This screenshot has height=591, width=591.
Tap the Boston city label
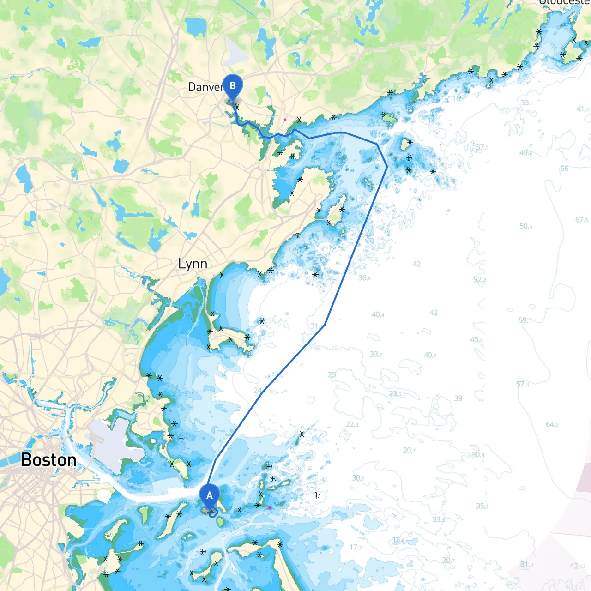click(x=48, y=460)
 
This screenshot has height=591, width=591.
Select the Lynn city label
click(x=193, y=264)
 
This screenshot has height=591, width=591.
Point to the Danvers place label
click(x=205, y=87)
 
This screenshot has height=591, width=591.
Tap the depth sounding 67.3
click(x=581, y=220)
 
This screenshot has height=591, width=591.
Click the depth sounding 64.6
click(x=552, y=424)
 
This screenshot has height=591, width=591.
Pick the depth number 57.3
click(x=523, y=384)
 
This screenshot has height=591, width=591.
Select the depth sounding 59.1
click(x=525, y=320)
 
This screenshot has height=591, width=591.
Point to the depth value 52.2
click(x=479, y=280)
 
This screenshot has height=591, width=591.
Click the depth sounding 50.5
click(x=525, y=226)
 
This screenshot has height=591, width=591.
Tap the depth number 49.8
click(x=525, y=153)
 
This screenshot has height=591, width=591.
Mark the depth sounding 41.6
click(x=583, y=109)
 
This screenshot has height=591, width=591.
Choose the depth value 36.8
click(x=364, y=278)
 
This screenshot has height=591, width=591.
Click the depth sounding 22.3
click(x=352, y=424)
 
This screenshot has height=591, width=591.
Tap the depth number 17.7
click(x=356, y=547)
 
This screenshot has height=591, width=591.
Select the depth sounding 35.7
click(x=482, y=506)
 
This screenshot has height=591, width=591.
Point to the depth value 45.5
click(x=476, y=339)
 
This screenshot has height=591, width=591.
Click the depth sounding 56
click(x=565, y=169)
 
